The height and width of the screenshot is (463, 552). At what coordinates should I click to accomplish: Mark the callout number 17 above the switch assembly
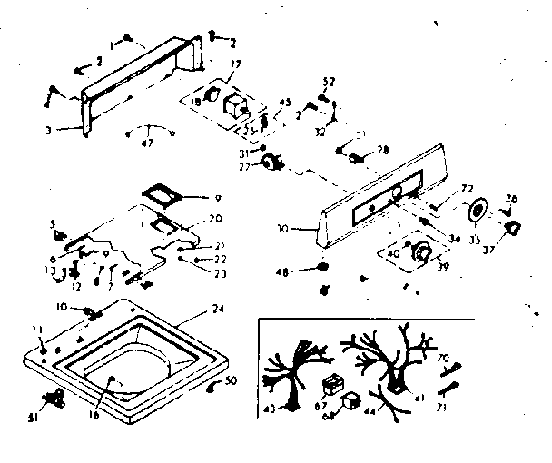pyautogui.click(x=236, y=63)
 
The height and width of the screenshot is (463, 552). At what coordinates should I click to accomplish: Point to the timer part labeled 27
pyautogui.click(x=270, y=163)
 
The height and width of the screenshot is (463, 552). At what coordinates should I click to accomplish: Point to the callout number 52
pyautogui.click(x=330, y=82)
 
